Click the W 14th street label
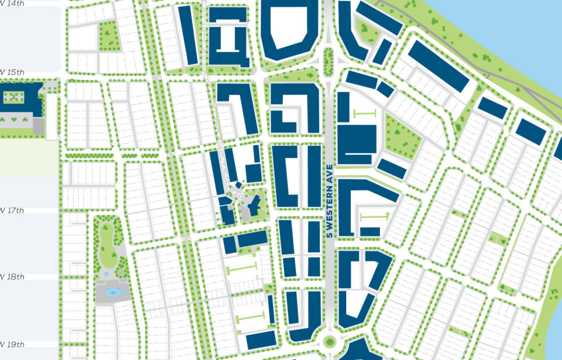point(12,4)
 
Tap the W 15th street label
point(12,73)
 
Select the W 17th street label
point(12,211)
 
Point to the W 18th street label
point(12,277)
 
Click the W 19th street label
point(12,345)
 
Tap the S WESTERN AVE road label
point(329,200)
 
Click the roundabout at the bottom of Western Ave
point(329,342)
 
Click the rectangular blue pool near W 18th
point(112,293)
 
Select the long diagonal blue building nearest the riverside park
point(438,66)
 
